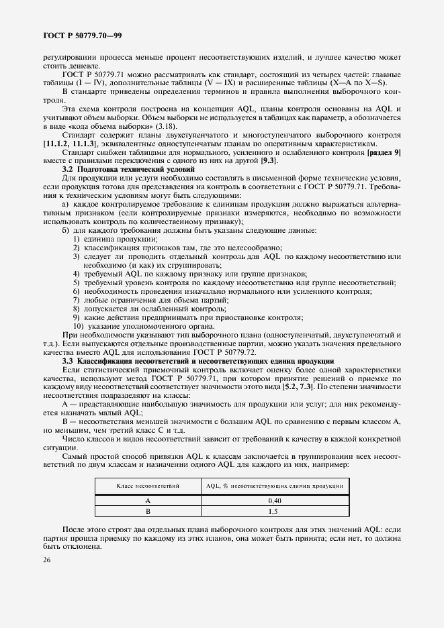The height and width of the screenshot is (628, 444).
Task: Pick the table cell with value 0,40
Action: pos(273,500)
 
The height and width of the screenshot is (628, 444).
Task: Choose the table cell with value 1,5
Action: pos(273,511)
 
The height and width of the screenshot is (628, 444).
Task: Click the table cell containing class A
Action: pos(147,500)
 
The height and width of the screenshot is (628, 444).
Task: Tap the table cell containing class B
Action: pos(147,511)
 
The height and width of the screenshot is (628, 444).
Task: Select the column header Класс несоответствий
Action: pos(147,484)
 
